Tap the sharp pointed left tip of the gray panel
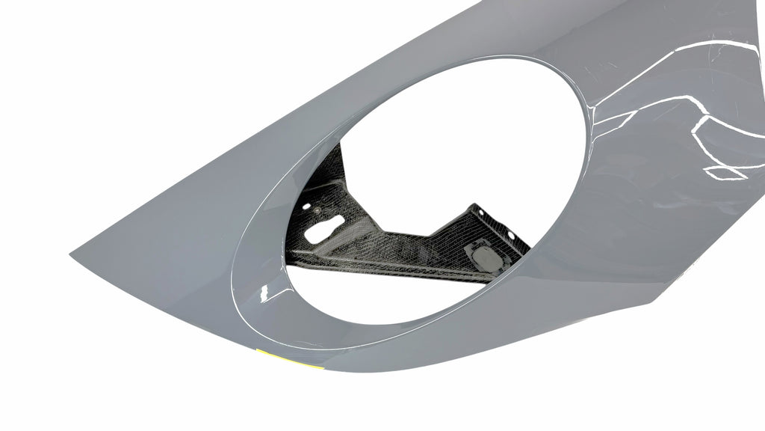point(72,255)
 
